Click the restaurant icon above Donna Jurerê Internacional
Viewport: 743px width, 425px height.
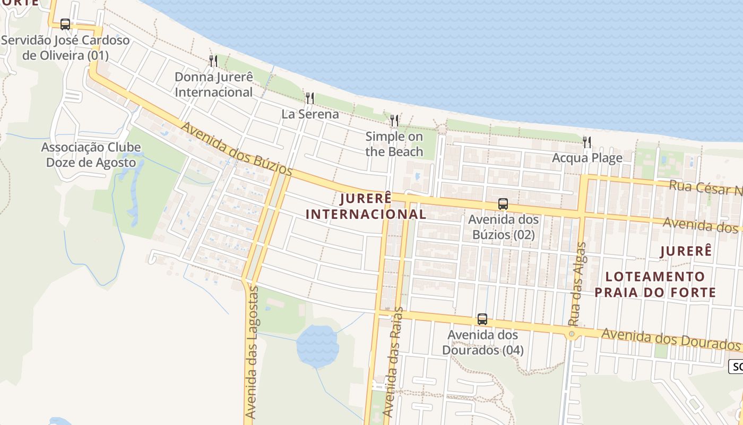click(213, 61)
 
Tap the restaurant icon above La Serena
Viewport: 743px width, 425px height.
click(310, 98)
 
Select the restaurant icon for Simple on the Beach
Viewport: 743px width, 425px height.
click(394, 121)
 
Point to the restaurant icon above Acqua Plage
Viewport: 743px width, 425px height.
click(587, 142)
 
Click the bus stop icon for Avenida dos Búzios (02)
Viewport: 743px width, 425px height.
click(503, 204)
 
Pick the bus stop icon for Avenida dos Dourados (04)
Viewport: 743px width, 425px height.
click(482, 319)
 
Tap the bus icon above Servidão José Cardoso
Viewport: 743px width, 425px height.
click(65, 24)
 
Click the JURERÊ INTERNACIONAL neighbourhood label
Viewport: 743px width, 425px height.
click(366, 206)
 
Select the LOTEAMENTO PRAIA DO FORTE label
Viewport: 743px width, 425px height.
click(655, 284)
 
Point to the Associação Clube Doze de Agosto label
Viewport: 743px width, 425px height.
click(91, 155)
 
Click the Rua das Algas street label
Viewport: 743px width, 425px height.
click(577, 284)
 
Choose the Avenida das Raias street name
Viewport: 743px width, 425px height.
click(392, 361)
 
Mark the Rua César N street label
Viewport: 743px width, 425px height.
click(705, 189)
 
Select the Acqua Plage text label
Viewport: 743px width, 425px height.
click(587, 158)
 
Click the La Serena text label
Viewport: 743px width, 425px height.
click(310, 114)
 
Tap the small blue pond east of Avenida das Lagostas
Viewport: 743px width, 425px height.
click(317, 345)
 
